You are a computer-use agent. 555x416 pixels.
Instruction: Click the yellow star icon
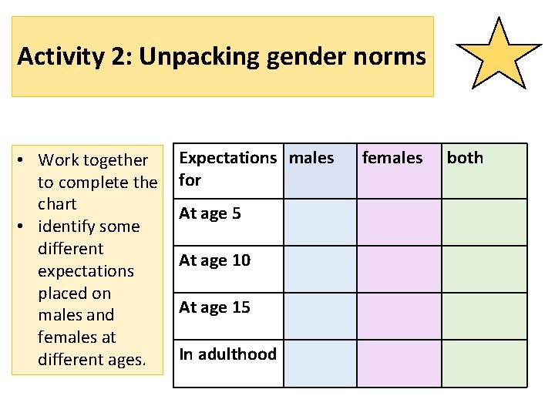click(499, 54)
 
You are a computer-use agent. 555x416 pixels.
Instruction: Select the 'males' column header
click(311, 158)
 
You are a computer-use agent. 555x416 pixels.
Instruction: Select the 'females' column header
click(392, 158)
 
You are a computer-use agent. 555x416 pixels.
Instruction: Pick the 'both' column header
click(465, 158)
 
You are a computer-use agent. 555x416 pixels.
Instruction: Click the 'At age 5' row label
click(210, 213)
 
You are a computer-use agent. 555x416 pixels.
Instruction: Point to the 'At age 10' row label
click(214, 260)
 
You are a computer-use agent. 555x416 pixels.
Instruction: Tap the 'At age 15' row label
click(214, 307)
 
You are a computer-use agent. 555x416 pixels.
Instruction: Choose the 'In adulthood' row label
click(227, 354)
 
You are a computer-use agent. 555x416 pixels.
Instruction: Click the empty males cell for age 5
click(320, 223)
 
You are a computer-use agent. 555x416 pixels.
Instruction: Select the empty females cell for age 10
click(399, 270)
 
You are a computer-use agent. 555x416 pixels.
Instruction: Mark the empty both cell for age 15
click(484, 316)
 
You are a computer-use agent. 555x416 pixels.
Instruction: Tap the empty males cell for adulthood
click(320, 363)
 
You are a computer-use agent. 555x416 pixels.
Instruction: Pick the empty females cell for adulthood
click(399, 363)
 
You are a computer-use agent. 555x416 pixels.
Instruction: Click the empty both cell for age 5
click(484, 223)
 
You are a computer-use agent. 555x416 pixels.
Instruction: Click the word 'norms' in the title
click(392, 56)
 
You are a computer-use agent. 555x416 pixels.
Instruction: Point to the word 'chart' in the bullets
click(57, 204)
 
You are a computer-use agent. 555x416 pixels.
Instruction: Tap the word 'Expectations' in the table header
click(227, 158)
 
